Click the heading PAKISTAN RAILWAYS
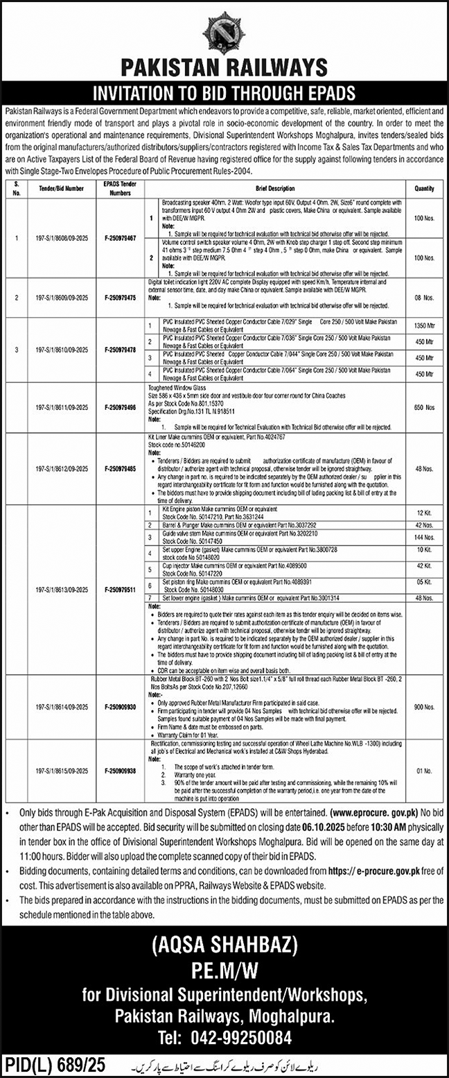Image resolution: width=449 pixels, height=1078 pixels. [x=224, y=68]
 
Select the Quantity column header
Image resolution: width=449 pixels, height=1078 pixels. [x=424, y=188]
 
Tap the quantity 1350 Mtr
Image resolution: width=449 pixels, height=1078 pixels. [x=424, y=324]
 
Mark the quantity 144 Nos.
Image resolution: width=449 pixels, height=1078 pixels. [x=424, y=538]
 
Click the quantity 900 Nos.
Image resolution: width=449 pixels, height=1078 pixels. [x=424, y=707]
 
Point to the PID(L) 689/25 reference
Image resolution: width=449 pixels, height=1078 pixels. [x=52, y=1063]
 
